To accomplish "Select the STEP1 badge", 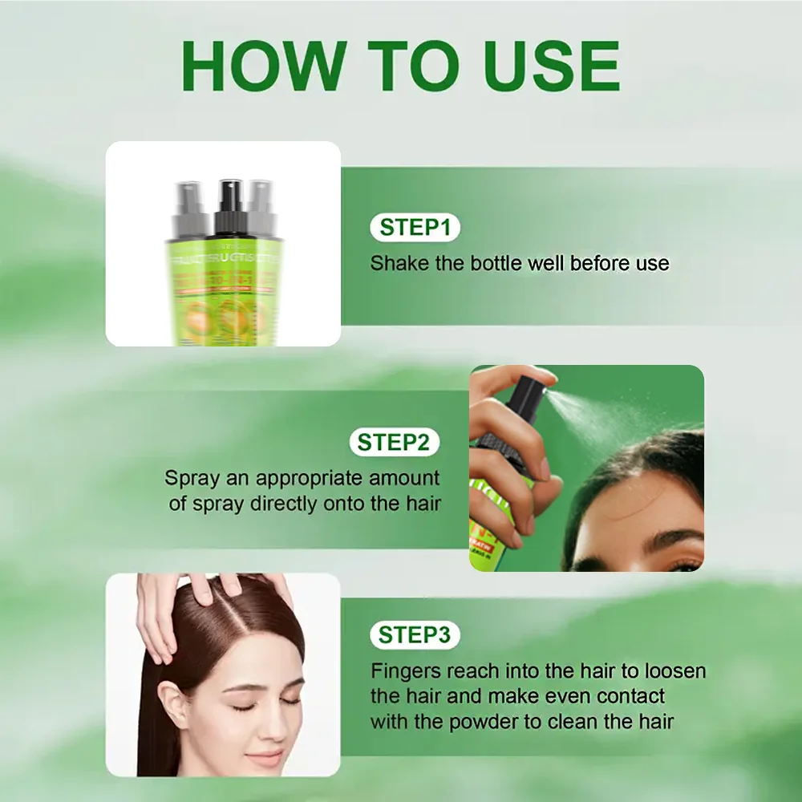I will click(415, 227).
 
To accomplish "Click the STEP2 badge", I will click(394, 442).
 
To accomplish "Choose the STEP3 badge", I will click(415, 635).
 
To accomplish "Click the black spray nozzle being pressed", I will click(529, 393).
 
